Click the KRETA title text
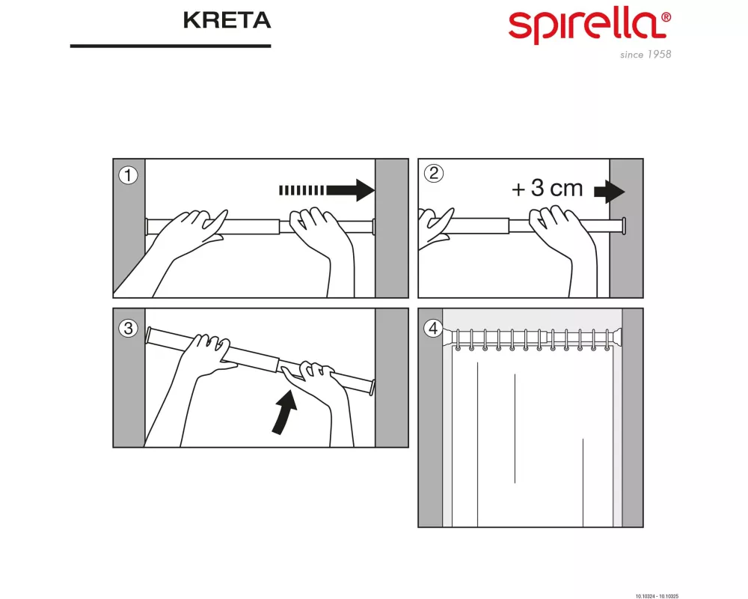(x=226, y=21)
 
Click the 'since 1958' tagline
(x=646, y=55)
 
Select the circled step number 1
(x=129, y=175)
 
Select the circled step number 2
(x=433, y=174)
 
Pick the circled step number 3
(x=129, y=327)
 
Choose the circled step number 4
(x=432, y=327)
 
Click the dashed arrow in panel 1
(x=326, y=190)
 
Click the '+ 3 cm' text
(x=547, y=189)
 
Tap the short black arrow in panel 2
(x=609, y=192)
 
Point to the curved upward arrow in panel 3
(x=283, y=412)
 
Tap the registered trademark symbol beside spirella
(x=666, y=16)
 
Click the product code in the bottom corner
(x=657, y=595)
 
